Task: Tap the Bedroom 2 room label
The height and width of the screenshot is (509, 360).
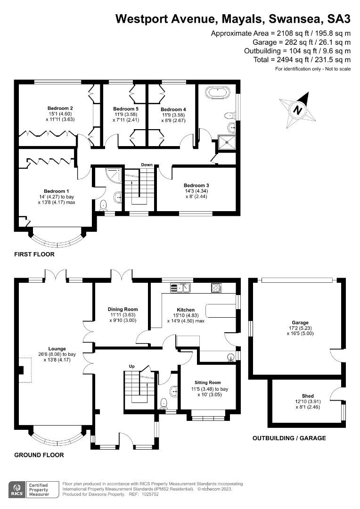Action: click(x=60, y=108)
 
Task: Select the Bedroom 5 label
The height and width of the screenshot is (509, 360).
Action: click(x=125, y=108)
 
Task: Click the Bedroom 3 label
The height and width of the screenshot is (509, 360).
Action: click(x=196, y=185)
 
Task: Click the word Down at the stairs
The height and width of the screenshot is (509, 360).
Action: click(x=147, y=164)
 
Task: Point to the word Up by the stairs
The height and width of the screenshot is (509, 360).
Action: click(x=132, y=366)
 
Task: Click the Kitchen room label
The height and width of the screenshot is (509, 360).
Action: click(x=186, y=310)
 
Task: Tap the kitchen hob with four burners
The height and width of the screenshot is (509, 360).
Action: click(x=216, y=287)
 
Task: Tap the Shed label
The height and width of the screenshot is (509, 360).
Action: click(x=308, y=396)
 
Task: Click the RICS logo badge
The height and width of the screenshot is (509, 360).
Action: click(x=18, y=489)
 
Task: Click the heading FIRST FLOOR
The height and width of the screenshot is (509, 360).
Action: click(x=34, y=254)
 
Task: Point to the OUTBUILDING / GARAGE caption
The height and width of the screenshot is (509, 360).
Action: click(x=289, y=438)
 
